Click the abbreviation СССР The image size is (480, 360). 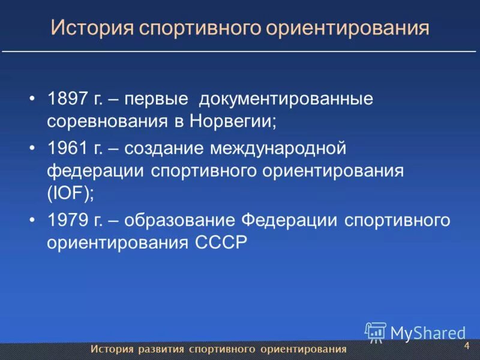pos(221,244)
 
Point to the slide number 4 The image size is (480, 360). pos(466,347)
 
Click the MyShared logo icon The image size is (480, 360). pos(376,332)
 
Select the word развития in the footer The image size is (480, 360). pos(160,349)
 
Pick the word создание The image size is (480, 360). pos(159,148)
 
